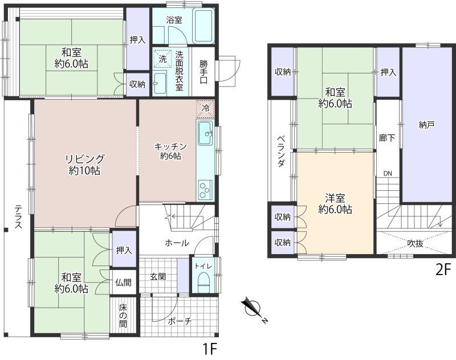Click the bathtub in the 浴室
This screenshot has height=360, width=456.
coord(204,26)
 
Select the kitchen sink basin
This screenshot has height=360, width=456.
coord(205,133)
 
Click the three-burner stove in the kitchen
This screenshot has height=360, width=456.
coord(205,190)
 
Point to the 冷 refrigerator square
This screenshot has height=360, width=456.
coord(205,109)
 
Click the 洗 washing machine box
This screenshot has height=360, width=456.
coord(162,59)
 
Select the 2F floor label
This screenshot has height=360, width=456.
coord(443,270)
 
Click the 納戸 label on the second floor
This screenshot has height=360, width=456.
coord(426,125)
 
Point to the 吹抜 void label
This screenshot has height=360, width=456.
coord(415,243)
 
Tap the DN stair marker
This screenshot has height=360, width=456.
coord(388,174)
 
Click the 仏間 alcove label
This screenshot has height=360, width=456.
coord(123,282)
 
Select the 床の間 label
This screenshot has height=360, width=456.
coord(123,316)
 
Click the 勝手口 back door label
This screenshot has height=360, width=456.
coord(203,72)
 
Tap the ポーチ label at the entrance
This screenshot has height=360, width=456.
coord(180,321)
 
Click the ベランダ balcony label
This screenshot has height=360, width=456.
coord(280,152)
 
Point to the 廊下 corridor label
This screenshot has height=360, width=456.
coord(387,138)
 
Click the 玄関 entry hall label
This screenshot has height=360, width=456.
coord(158,277)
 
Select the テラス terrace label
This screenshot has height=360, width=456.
coord(18,217)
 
